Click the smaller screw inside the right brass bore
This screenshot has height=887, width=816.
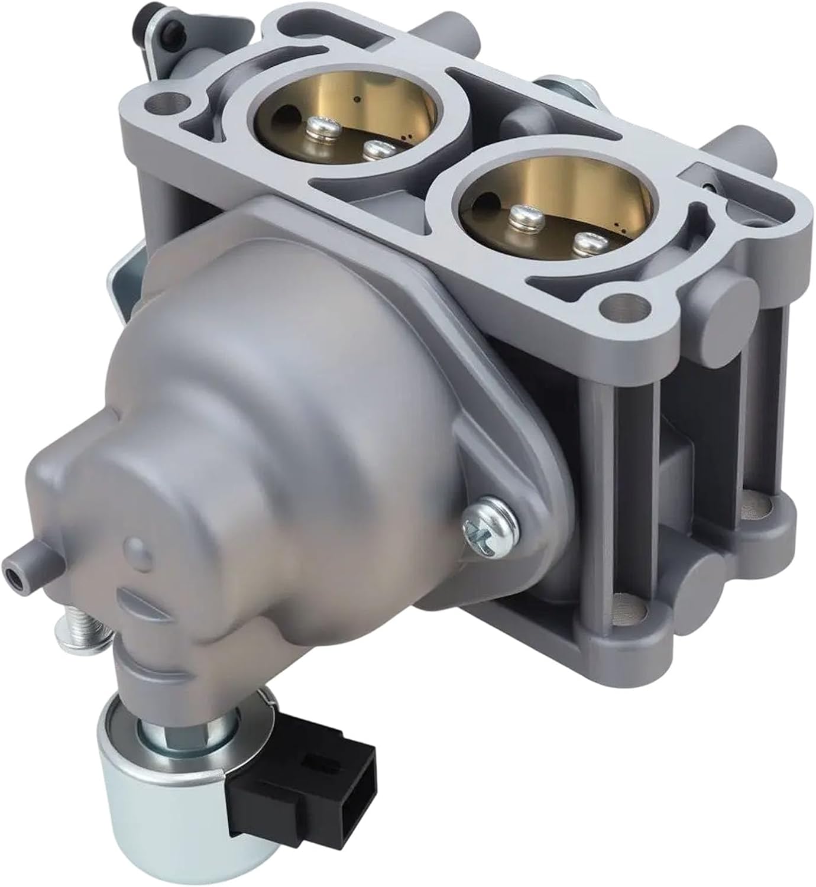(x=588, y=241)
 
